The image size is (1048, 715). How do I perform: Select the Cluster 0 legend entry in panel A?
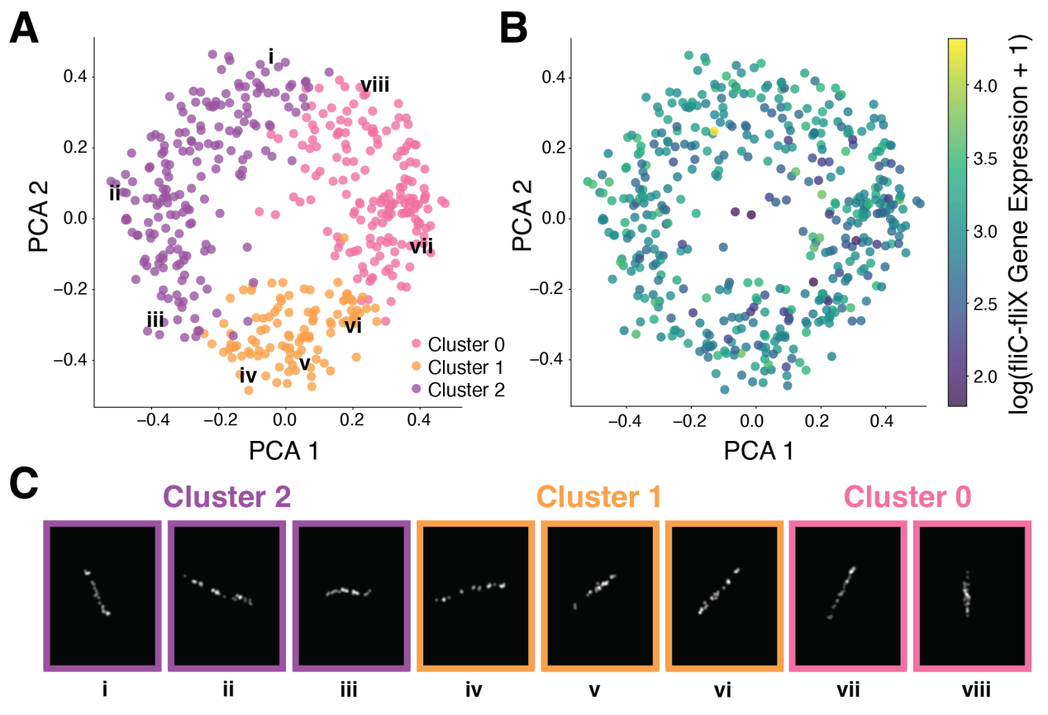pyautogui.click(x=458, y=344)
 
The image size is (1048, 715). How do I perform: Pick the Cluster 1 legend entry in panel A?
pyautogui.click(x=458, y=367)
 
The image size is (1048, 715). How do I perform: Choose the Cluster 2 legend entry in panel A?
pyautogui.click(x=458, y=389)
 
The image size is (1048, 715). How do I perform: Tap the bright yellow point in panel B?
pyautogui.click(x=713, y=131)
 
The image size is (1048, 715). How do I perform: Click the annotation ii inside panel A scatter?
pyautogui.click(x=115, y=194)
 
